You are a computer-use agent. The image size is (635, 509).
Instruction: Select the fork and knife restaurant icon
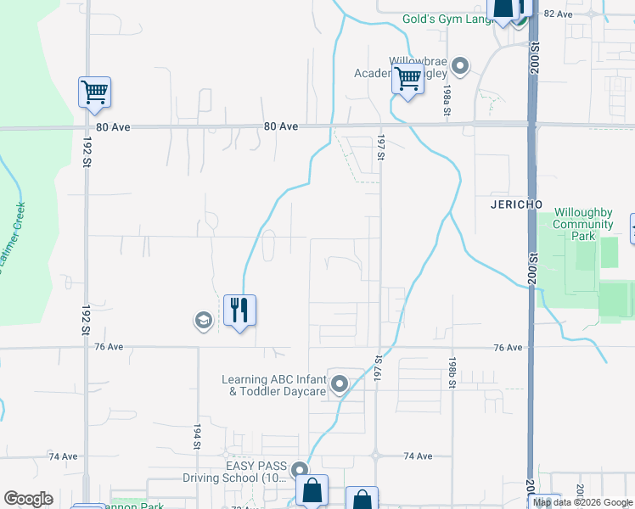point(239,310)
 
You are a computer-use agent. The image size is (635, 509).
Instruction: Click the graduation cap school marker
point(202,320)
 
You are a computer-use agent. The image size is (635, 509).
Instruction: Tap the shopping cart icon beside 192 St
point(94,92)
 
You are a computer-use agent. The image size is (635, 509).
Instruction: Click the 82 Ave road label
point(559,14)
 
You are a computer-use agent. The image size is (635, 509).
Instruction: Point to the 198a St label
point(446,100)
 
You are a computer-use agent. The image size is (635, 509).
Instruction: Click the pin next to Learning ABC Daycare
point(340,385)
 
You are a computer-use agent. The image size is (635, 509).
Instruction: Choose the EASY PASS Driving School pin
point(299,470)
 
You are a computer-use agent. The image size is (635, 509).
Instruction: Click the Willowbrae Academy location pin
point(460,65)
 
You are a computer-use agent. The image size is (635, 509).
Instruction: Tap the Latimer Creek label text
point(14,238)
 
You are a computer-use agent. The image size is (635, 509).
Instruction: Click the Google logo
point(28,499)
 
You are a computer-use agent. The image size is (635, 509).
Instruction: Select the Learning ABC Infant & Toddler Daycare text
point(273,385)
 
